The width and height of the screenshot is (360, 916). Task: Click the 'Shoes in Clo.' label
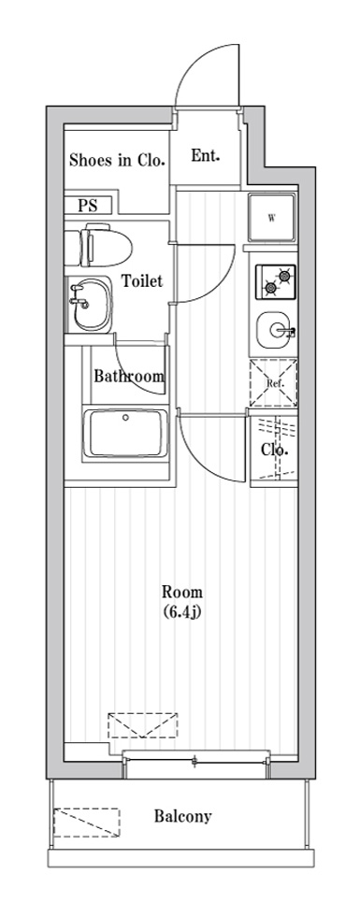[x=117, y=160]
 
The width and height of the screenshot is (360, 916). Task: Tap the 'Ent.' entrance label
[x=206, y=156]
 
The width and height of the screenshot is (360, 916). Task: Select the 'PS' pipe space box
[x=88, y=206]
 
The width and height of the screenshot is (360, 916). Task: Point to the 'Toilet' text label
[x=142, y=280]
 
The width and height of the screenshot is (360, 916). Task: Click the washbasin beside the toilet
[x=87, y=303]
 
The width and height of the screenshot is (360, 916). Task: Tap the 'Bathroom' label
[x=129, y=377]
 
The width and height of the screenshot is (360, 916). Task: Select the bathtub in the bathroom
[x=125, y=432]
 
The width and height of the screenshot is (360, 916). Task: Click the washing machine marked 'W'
[x=272, y=220]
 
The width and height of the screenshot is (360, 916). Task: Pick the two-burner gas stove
[x=276, y=278]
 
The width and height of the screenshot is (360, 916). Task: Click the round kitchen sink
[x=276, y=328]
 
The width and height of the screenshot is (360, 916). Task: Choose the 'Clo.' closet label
[x=274, y=450]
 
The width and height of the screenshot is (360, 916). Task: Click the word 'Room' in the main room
[x=182, y=592]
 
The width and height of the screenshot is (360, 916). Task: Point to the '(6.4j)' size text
[x=182, y=612]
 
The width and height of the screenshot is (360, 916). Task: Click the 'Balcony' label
[x=182, y=816]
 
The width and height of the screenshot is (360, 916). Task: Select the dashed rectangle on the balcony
[x=87, y=823]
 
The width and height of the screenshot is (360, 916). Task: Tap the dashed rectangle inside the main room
[x=142, y=726]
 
